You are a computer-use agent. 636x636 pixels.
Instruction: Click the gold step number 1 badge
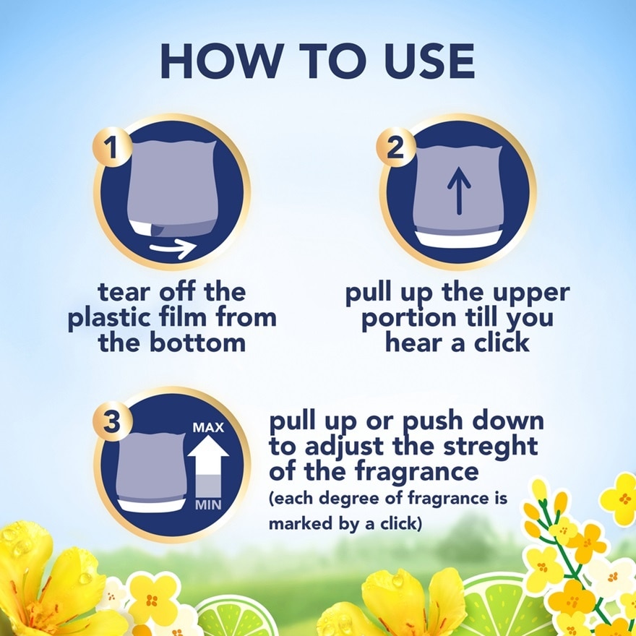tap(112, 147)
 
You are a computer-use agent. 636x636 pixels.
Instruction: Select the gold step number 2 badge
tap(395, 147)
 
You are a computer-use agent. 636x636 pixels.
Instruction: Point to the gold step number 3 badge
tap(112, 421)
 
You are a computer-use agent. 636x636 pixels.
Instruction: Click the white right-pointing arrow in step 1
tap(173, 247)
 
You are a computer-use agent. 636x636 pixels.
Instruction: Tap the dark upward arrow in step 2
tap(459, 191)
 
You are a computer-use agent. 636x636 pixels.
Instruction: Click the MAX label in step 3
tap(208, 428)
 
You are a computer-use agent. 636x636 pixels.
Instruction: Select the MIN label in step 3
tap(208, 505)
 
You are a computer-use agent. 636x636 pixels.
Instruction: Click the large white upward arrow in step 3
tap(208, 466)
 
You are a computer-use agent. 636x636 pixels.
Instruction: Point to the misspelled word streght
tap(491, 447)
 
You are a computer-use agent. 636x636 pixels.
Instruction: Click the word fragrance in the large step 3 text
tap(416, 472)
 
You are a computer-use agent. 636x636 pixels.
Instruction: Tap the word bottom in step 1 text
tap(197, 343)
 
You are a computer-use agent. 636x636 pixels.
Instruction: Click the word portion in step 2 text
tap(408, 319)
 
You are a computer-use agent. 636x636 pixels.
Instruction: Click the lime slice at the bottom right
tap(505, 605)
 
